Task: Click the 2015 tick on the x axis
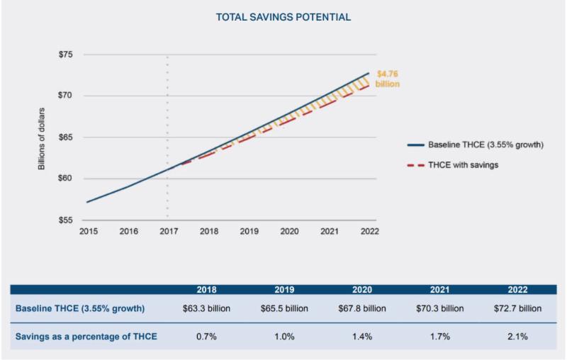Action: point(88,232)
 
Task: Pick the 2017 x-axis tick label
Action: point(168,232)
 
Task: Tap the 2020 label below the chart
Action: point(289,232)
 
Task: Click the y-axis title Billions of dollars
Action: point(42,137)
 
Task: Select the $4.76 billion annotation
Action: point(388,78)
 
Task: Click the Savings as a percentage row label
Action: point(86,335)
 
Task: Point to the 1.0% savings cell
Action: point(285,335)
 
